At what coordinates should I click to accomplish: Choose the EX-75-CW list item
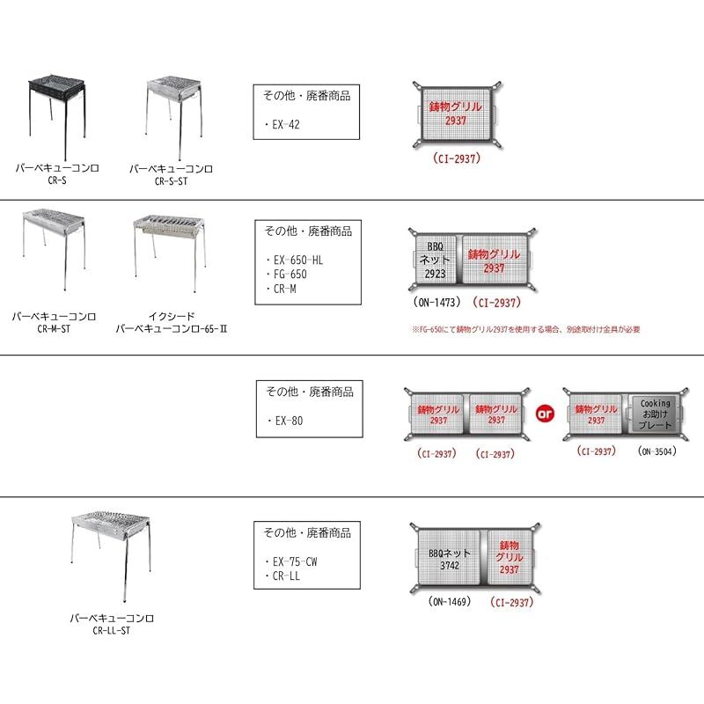click(x=294, y=561)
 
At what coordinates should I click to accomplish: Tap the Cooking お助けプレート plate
click(x=655, y=414)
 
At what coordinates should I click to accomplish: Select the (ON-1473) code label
click(x=436, y=301)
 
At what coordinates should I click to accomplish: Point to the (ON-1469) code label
click(x=449, y=602)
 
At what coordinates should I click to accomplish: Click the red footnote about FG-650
click(x=525, y=329)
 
